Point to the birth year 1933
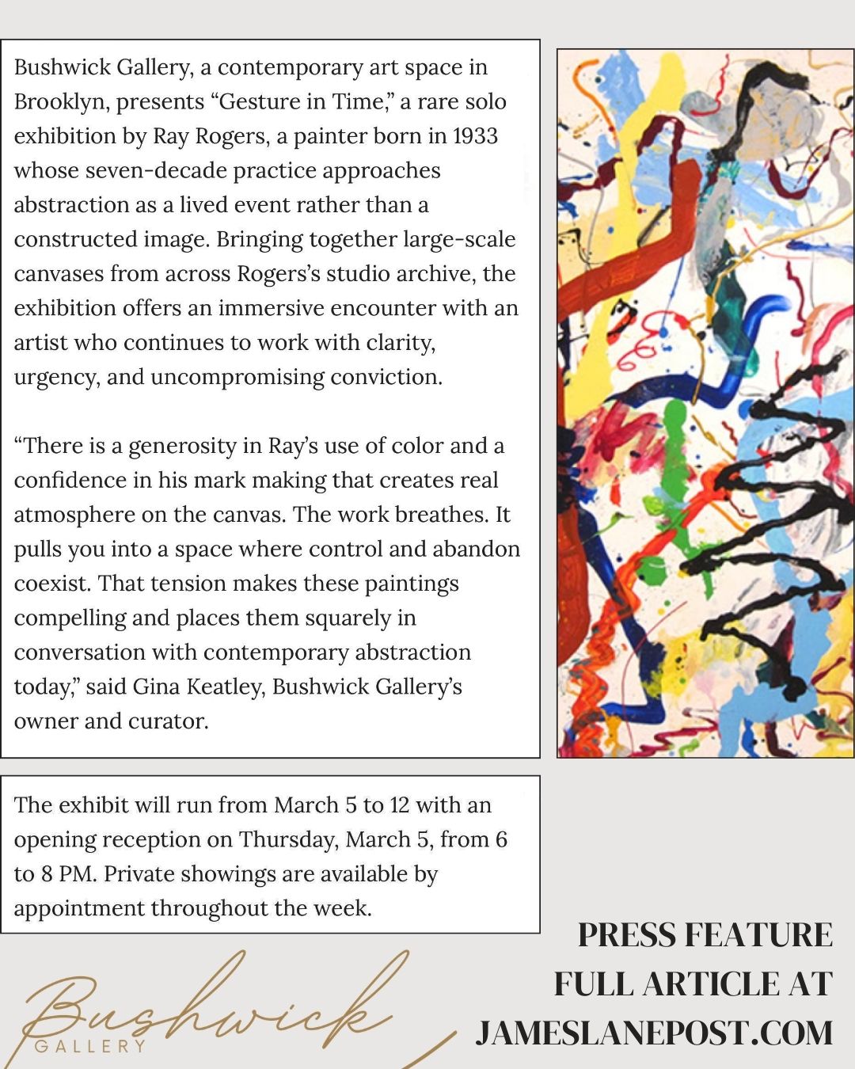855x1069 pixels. [x=475, y=136]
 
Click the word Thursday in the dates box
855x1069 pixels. [x=289, y=839]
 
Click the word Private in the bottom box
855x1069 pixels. [x=137, y=874]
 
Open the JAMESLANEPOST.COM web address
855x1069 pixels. [x=654, y=1033]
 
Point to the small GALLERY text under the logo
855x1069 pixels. [x=90, y=1046]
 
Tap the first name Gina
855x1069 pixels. [x=156, y=687]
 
